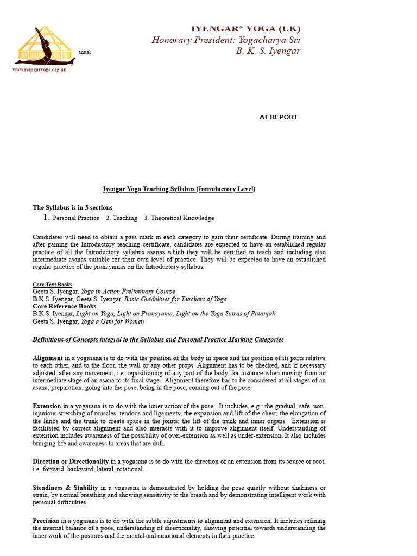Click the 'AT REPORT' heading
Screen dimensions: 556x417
(x=279, y=117)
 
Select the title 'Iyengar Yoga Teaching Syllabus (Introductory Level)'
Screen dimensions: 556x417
(x=179, y=189)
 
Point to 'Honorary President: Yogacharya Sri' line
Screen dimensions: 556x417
(x=226, y=40)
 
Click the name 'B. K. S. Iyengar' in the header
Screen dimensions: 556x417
(x=268, y=51)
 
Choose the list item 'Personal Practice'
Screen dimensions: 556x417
(x=75, y=218)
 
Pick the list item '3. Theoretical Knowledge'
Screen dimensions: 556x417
(x=179, y=218)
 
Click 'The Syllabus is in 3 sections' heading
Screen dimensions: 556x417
(x=73, y=207)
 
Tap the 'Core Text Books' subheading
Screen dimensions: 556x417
(x=52, y=285)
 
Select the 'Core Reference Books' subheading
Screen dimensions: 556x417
(x=65, y=306)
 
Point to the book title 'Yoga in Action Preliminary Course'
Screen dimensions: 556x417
(x=128, y=292)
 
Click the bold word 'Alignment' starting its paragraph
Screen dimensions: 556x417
(x=48, y=358)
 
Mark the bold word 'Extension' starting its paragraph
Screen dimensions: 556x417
(x=47, y=406)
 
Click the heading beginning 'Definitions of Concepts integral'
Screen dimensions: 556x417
(x=158, y=340)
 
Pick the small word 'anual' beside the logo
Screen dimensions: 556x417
(x=85, y=52)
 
